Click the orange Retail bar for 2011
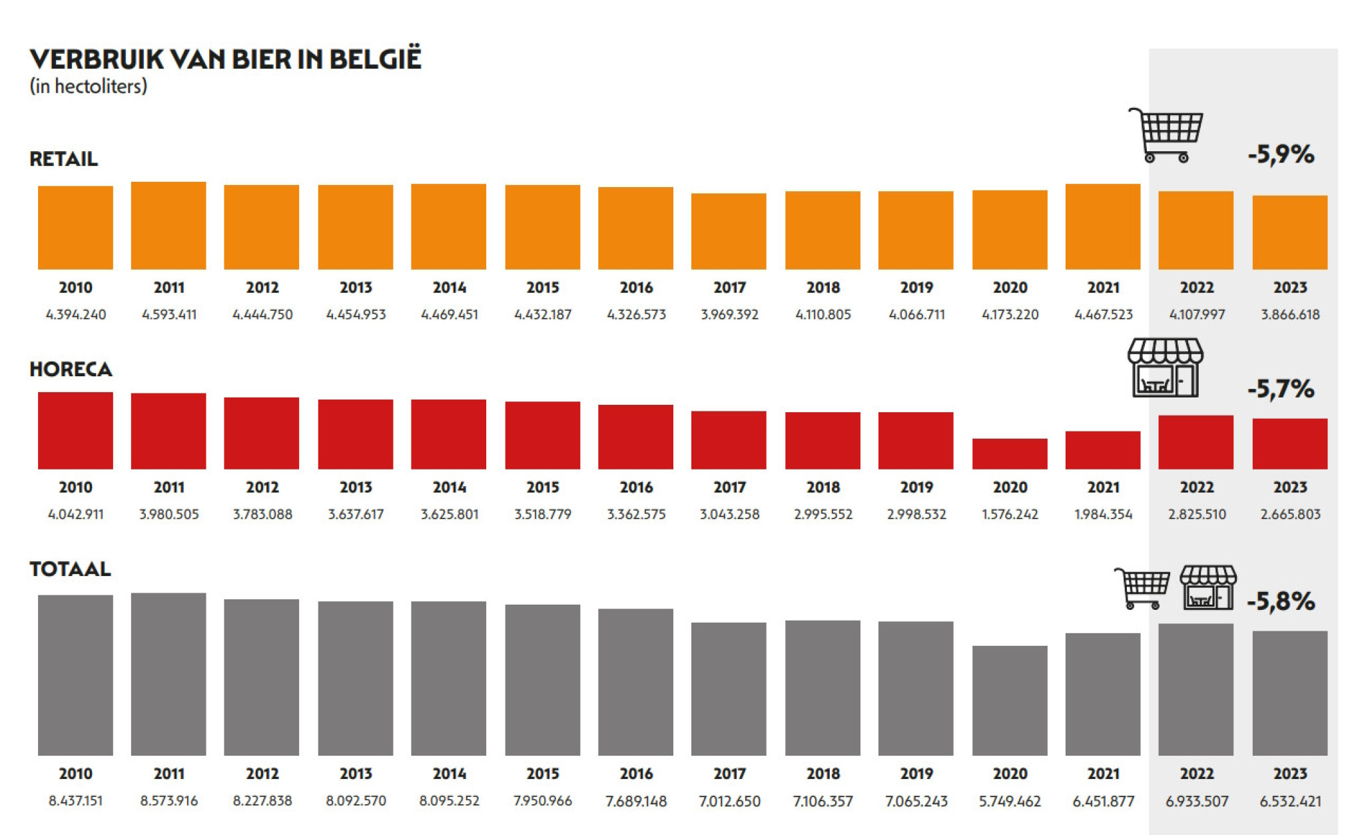(169, 226)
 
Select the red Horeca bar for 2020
(1010, 453)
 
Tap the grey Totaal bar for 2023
(1289, 693)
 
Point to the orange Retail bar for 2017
(729, 231)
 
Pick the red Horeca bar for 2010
(75, 430)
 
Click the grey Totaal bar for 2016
(635, 682)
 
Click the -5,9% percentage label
(1281, 154)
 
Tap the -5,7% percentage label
(1281, 389)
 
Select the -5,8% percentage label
(1281, 601)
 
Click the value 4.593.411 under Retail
(169, 314)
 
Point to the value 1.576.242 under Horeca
(1010, 514)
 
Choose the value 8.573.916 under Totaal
(169, 800)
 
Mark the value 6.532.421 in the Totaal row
(1289, 801)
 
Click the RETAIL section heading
(64, 159)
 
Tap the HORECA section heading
(71, 370)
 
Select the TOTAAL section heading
(70, 569)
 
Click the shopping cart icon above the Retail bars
(1166, 135)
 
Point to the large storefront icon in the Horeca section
(1165, 368)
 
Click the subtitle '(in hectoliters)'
(88, 87)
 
